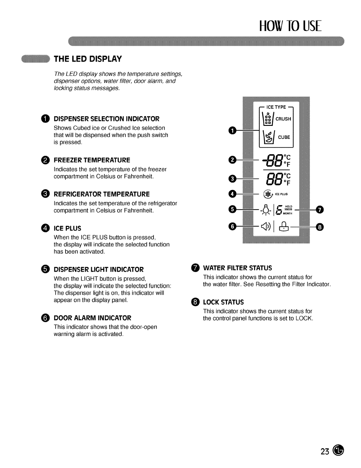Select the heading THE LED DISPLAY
[x=88, y=59]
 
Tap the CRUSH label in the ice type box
[x=283, y=119]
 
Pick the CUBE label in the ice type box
[x=284, y=137]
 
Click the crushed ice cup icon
[x=268, y=118]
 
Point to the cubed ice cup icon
[x=268, y=136]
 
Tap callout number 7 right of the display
[x=320, y=210]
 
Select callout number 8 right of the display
[x=320, y=227]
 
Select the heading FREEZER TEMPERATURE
[x=92, y=160]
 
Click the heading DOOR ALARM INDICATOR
[x=92, y=318]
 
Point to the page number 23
[x=325, y=451]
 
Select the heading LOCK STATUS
[x=223, y=302]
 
